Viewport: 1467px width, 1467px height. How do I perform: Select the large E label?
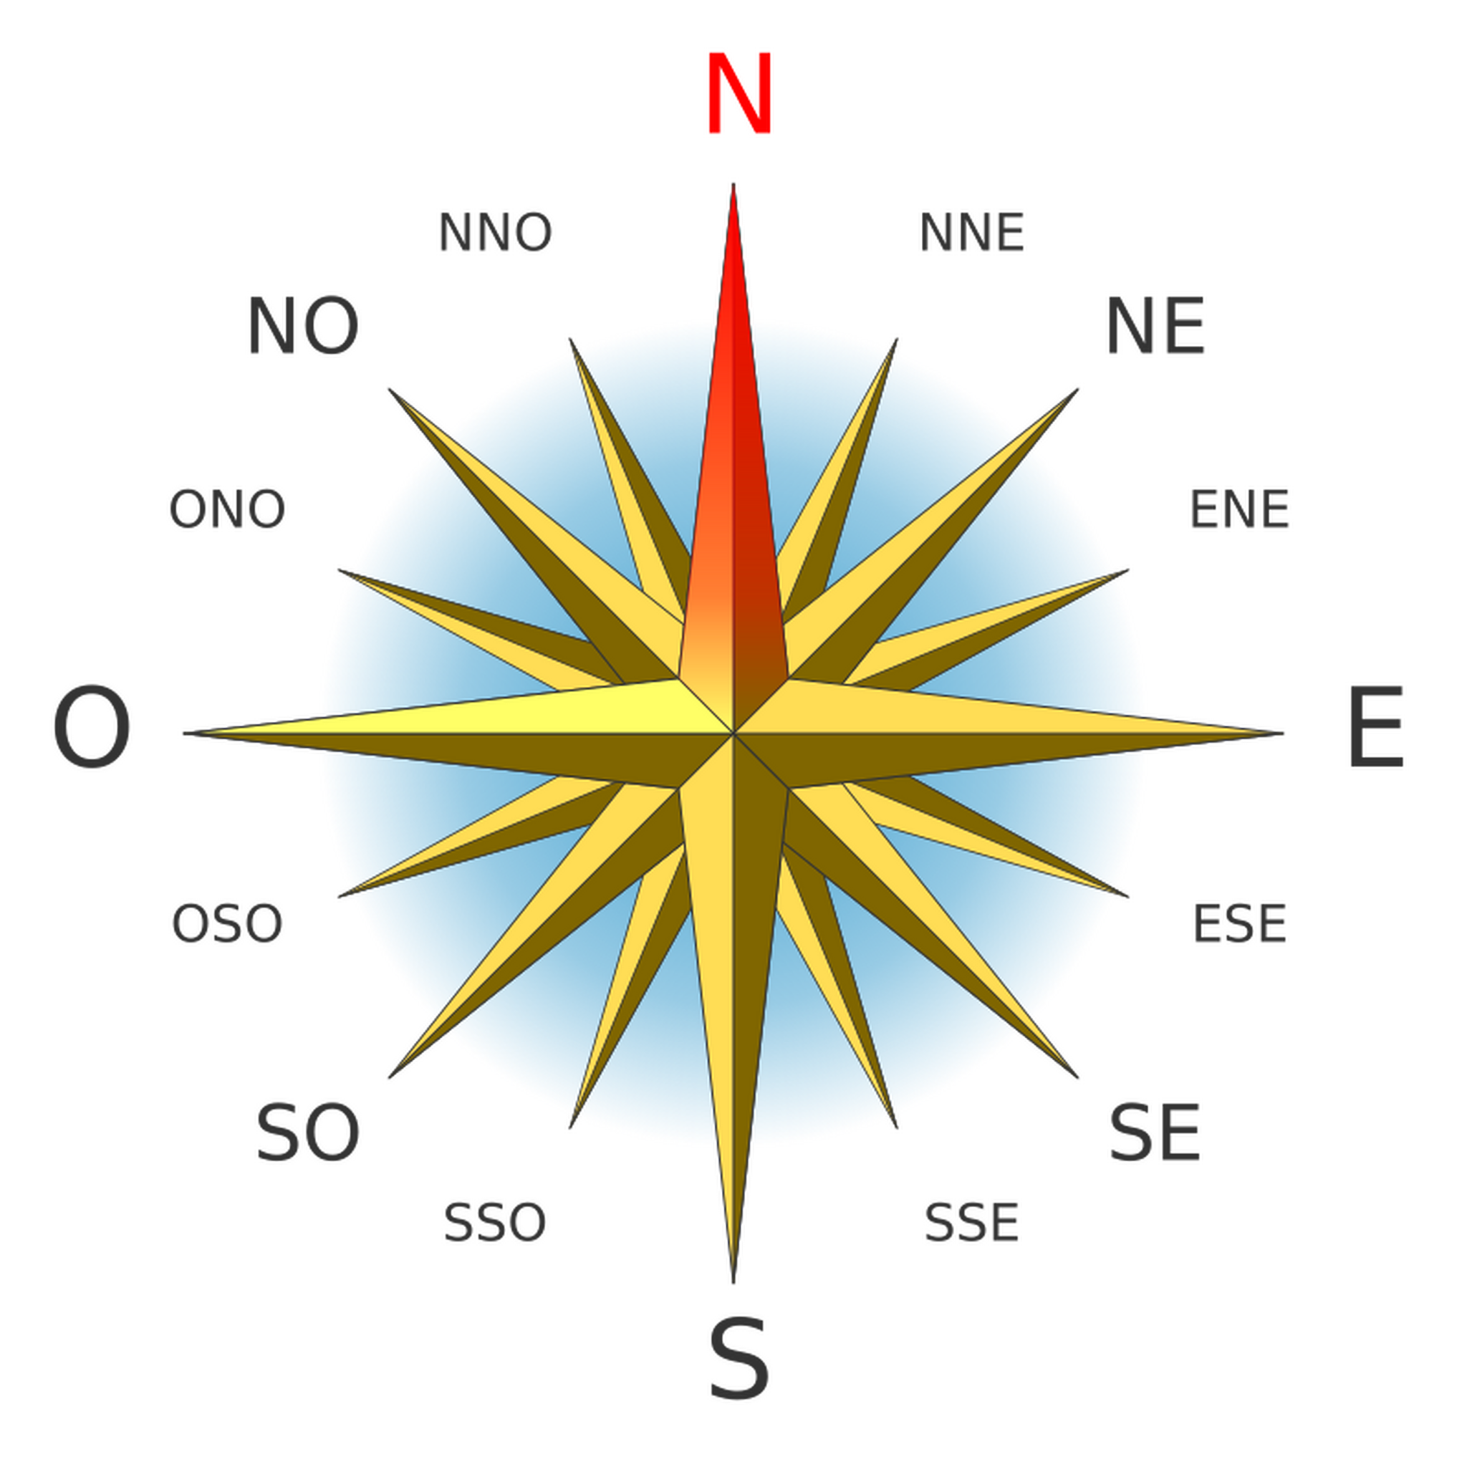click(1376, 728)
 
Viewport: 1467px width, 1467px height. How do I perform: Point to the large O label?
click(92, 728)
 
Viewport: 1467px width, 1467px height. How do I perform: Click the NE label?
click(1155, 327)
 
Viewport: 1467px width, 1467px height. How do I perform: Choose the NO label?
click(303, 327)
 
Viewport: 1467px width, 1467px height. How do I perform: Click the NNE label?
click(972, 232)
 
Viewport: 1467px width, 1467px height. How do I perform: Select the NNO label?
click(495, 232)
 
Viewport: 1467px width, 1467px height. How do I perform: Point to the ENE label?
click(1239, 509)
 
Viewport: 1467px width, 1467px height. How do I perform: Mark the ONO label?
click(227, 509)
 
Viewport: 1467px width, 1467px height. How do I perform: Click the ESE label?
click(1240, 925)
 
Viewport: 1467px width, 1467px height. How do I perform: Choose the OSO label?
click(227, 925)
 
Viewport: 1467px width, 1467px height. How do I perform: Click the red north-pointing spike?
click(733, 456)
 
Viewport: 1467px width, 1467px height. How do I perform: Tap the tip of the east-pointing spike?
click(1283, 733)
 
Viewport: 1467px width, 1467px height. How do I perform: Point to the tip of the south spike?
click(733, 1283)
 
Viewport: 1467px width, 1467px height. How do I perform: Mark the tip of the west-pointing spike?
click(184, 733)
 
